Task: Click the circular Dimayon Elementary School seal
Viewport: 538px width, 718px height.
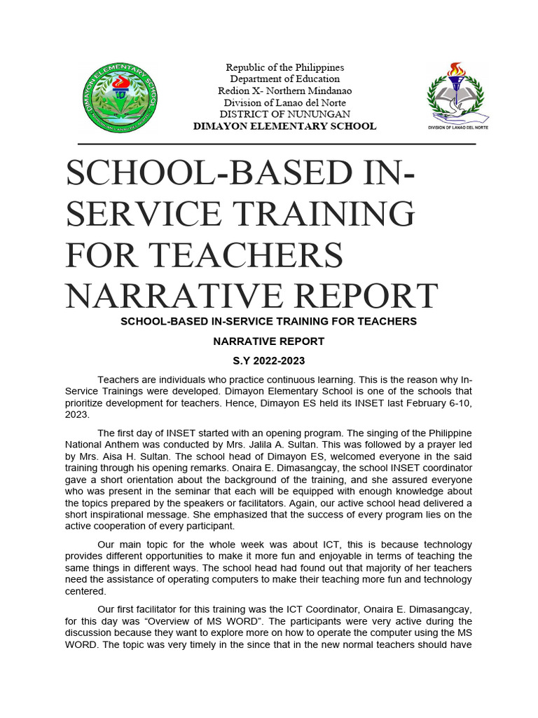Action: pyautogui.click(x=118, y=97)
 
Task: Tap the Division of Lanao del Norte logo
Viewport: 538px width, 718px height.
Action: pyautogui.click(x=455, y=96)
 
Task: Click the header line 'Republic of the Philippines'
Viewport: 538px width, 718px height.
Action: pyautogui.click(x=284, y=67)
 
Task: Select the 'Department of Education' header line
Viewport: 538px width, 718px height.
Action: pyautogui.click(x=284, y=79)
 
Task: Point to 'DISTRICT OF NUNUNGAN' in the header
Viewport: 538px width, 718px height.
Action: pyautogui.click(x=284, y=114)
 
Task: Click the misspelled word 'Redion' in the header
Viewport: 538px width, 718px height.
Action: pyautogui.click(x=233, y=91)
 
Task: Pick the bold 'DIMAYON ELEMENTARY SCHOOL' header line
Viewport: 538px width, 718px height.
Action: pyautogui.click(x=284, y=126)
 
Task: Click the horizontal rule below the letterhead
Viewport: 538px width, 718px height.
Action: pyautogui.click(x=270, y=144)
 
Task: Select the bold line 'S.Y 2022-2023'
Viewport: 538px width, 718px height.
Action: pyautogui.click(x=268, y=361)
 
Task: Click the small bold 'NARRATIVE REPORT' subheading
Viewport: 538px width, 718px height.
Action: pyautogui.click(x=268, y=341)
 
